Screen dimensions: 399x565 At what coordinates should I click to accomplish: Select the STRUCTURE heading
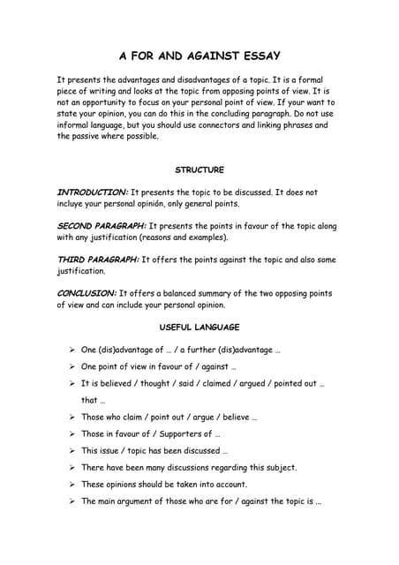point(199,169)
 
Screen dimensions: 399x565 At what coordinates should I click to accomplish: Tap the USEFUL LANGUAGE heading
point(199,328)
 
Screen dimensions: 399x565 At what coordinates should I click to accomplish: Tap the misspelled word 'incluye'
point(73,203)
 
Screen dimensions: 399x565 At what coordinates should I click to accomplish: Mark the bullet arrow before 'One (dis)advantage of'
point(71,350)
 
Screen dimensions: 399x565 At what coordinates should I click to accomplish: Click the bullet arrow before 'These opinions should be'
point(71,484)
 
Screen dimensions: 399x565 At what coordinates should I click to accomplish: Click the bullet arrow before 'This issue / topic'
point(71,450)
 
